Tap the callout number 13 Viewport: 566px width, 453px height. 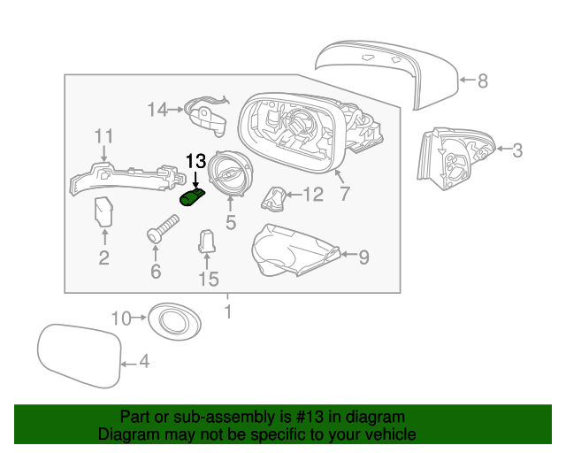pyautogui.click(x=195, y=161)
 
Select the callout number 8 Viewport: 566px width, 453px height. pyautogui.click(x=482, y=81)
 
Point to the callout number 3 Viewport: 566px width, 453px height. pyautogui.click(x=517, y=150)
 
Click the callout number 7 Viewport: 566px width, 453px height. pyautogui.click(x=345, y=193)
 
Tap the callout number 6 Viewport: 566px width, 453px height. pyautogui.click(x=156, y=271)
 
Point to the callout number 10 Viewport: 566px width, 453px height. pyautogui.click(x=120, y=317)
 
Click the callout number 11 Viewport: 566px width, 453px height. pyautogui.click(x=104, y=135)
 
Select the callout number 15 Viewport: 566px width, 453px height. pyautogui.click(x=207, y=280)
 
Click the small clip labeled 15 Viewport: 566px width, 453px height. pyautogui.click(x=206, y=241)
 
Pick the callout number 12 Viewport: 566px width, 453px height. pyautogui.click(x=314, y=194)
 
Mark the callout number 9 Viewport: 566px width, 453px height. pyautogui.click(x=363, y=257)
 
